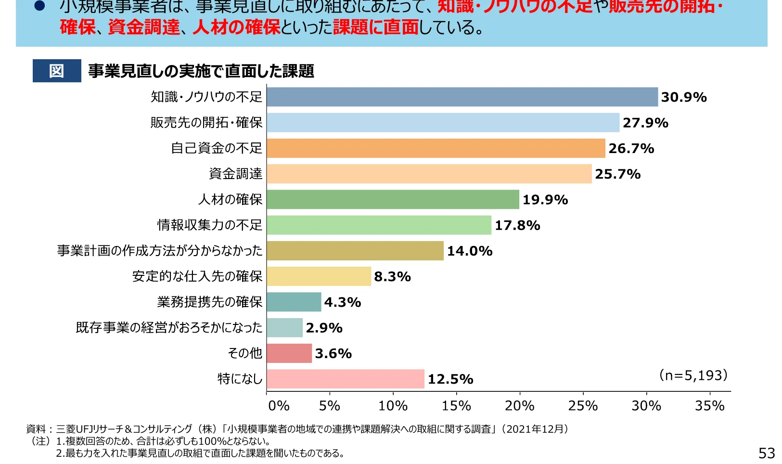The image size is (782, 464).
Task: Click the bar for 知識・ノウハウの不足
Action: (x=462, y=97)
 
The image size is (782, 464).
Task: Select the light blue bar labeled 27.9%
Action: (x=443, y=123)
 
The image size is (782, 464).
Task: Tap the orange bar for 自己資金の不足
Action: (x=436, y=148)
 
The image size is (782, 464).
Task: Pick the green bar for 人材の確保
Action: (x=393, y=199)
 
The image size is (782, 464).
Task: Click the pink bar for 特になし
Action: (x=346, y=379)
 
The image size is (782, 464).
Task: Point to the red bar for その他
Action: (x=289, y=353)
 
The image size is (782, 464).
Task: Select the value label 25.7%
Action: (x=617, y=174)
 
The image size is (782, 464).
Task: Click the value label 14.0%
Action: (x=470, y=251)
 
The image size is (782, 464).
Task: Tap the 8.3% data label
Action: (x=392, y=277)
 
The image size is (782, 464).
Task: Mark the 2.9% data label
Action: (x=324, y=328)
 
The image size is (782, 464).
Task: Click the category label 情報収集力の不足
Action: (x=210, y=225)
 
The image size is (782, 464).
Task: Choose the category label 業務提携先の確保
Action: (x=210, y=302)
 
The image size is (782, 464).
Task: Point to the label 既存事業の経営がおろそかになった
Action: (x=169, y=328)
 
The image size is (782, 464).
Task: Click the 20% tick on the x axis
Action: (x=519, y=406)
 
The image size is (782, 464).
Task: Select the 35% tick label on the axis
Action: (x=709, y=406)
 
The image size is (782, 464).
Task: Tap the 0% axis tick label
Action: (x=279, y=406)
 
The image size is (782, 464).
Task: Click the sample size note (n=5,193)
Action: (x=693, y=375)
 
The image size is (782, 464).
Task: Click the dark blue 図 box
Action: (x=57, y=71)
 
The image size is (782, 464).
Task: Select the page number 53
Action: (x=767, y=453)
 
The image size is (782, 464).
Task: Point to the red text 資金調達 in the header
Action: (x=144, y=27)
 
